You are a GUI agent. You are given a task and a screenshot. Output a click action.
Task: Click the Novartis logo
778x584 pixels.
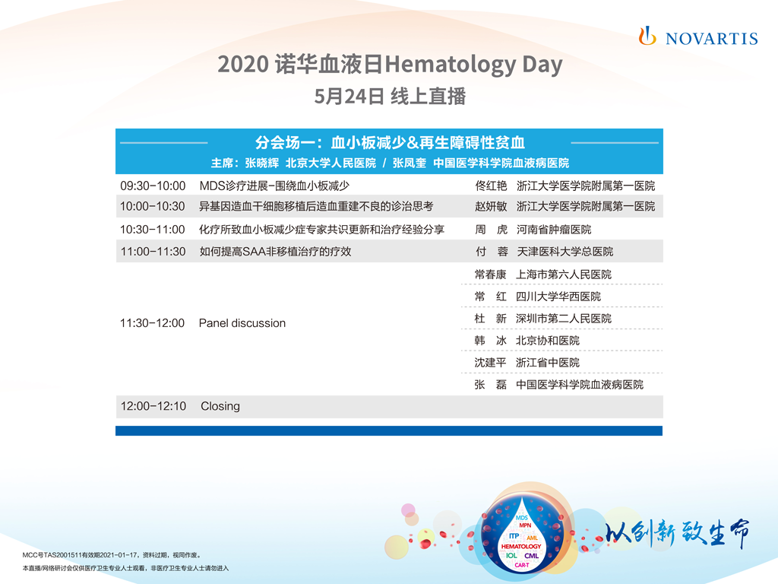click(698, 36)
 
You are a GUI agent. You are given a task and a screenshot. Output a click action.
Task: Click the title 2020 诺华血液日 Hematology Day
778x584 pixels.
click(390, 65)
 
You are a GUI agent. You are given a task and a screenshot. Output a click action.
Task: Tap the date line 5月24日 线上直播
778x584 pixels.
click(390, 97)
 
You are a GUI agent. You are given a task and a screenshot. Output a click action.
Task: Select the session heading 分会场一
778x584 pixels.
click(285, 142)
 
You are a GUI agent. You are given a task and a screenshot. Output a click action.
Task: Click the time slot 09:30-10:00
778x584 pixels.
click(153, 186)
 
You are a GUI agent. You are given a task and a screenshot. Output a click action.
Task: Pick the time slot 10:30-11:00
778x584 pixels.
click(152, 230)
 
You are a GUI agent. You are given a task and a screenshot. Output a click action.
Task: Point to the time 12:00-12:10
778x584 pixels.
click(153, 406)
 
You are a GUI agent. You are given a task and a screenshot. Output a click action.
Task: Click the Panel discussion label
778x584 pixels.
click(242, 323)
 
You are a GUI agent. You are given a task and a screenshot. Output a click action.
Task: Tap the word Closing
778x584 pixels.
click(220, 406)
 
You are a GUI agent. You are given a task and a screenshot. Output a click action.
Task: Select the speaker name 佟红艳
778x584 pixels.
click(491, 186)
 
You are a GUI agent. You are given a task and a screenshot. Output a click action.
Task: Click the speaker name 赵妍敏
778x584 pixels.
click(491, 206)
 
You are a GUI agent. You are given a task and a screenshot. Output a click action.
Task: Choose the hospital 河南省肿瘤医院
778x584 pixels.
click(554, 230)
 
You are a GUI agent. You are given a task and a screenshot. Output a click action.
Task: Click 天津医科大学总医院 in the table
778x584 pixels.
click(565, 252)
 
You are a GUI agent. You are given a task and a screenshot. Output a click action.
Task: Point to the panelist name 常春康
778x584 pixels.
click(490, 275)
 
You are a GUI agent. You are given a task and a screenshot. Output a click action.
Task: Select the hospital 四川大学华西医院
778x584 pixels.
click(558, 297)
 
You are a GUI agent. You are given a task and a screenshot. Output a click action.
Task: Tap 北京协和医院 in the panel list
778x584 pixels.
click(548, 341)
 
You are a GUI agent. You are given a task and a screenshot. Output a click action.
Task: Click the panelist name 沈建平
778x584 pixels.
click(490, 363)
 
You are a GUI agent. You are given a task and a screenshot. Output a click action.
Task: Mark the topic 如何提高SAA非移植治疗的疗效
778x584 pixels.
click(275, 252)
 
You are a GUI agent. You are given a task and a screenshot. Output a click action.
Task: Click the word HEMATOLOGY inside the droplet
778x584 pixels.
click(521, 546)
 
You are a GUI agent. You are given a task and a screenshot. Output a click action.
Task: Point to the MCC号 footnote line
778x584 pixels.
click(112, 555)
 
